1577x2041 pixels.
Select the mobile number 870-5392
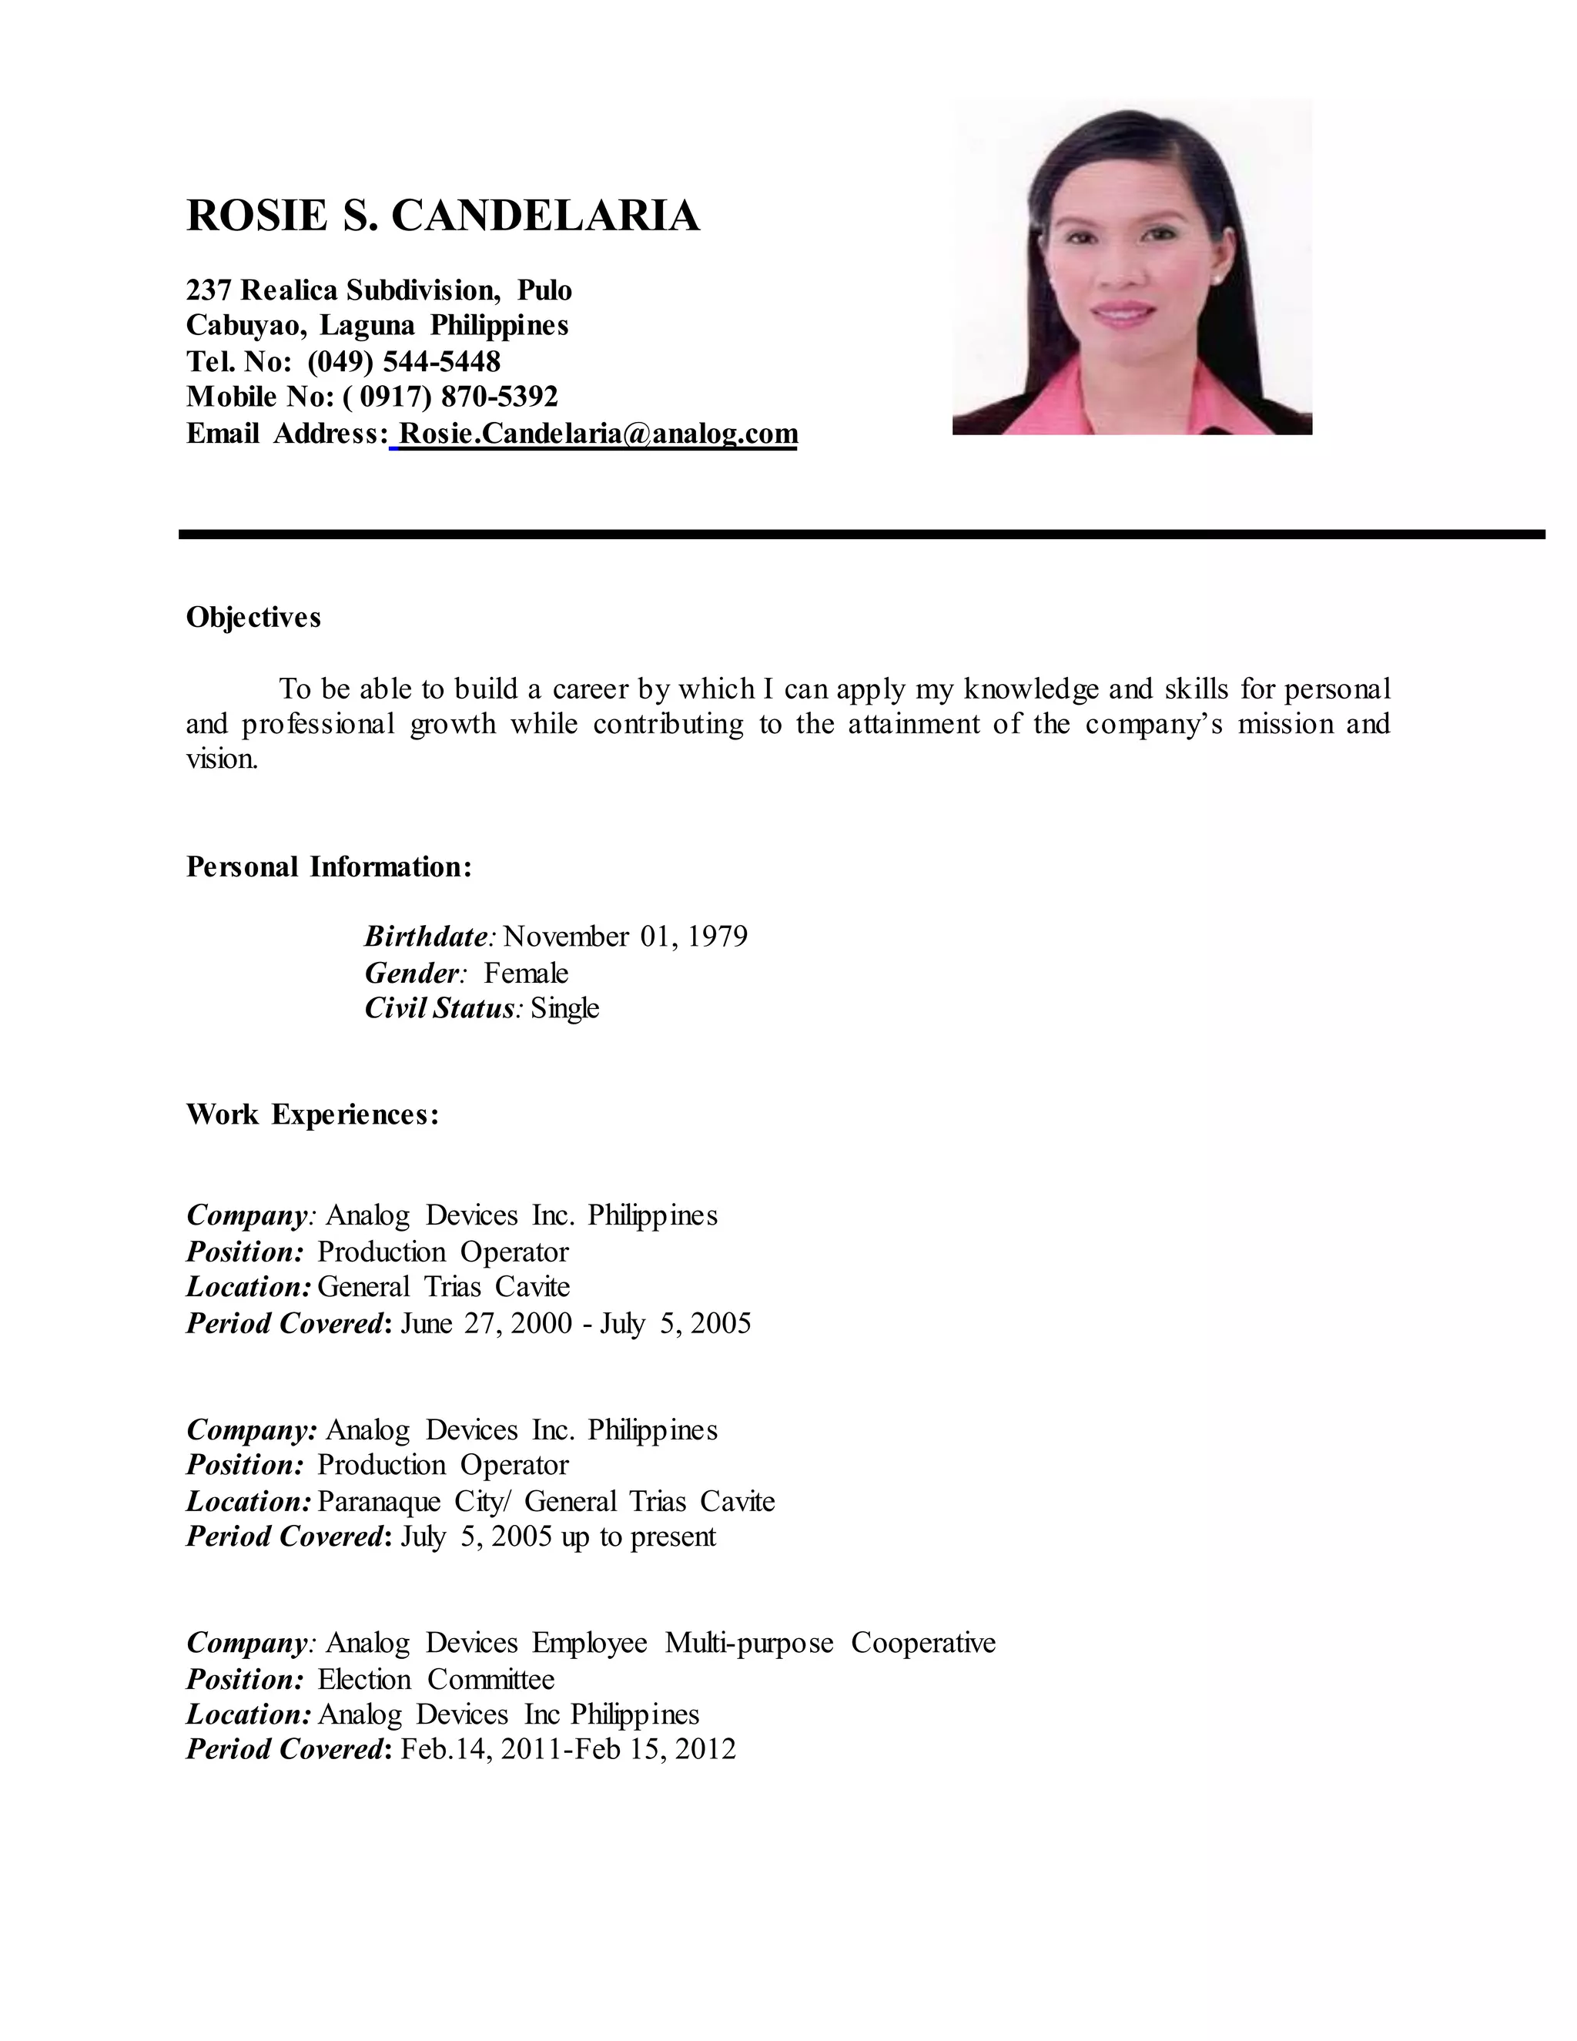click(499, 397)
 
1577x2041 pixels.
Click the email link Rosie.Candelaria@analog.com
click(598, 434)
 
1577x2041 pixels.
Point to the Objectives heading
click(253, 617)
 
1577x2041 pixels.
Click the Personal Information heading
click(329, 866)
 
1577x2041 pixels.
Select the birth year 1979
click(718, 937)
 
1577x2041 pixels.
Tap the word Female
click(526, 973)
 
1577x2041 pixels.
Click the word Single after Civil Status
click(564, 1008)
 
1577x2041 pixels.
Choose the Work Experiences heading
click(312, 1115)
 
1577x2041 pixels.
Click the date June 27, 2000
click(486, 1323)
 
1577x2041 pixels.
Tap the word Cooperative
click(923, 1643)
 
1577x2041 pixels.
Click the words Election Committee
click(435, 1679)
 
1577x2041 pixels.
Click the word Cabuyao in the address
click(245, 325)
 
